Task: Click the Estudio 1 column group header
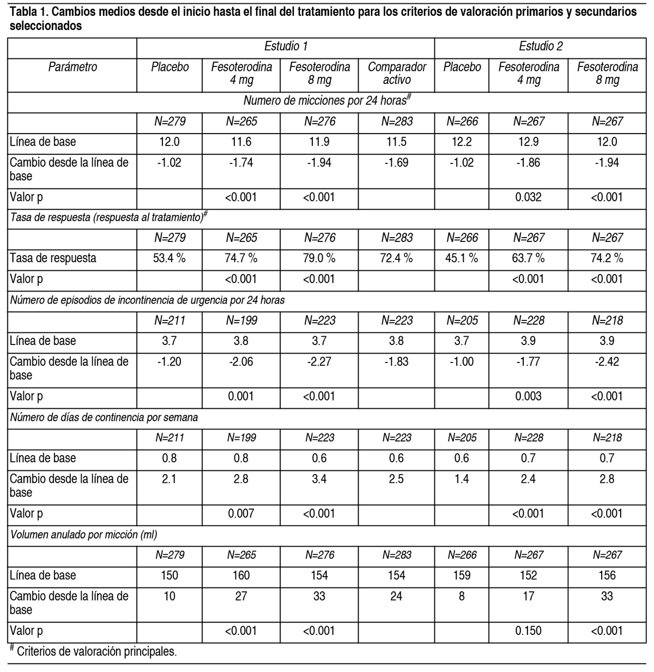(286, 47)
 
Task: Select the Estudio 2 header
(541, 47)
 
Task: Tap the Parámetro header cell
(72, 67)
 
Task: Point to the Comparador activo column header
(396, 74)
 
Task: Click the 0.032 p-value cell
(528, 197)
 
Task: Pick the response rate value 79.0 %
(319, 258)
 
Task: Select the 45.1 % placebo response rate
(462, 258)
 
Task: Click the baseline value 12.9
(528, 142)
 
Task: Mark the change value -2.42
(607, 361)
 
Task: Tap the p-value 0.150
(528, 631)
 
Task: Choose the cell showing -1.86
(528, 162)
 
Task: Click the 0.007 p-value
(241, 513)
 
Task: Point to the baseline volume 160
(241, 575)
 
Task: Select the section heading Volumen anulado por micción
(84, 535)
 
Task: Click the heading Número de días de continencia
(104, 417)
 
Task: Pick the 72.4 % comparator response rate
(396, 258)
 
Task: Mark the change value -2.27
(319, 361)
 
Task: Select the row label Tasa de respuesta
(53, 258)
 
